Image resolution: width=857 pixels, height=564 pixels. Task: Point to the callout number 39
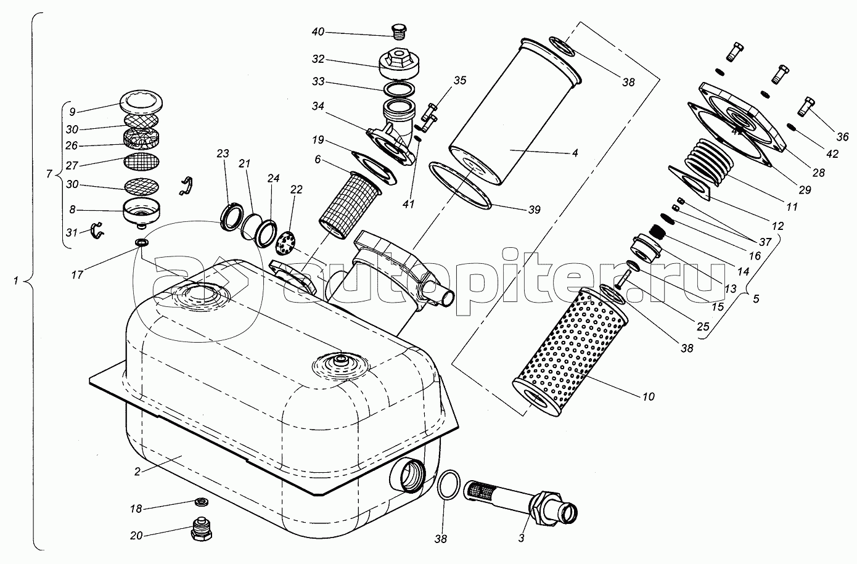coord(534,210)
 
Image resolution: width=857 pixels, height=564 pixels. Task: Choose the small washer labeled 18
coord(202,500)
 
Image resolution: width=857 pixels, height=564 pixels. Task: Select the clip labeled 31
coord(97,231)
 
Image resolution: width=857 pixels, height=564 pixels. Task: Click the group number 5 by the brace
coord(756,300)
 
